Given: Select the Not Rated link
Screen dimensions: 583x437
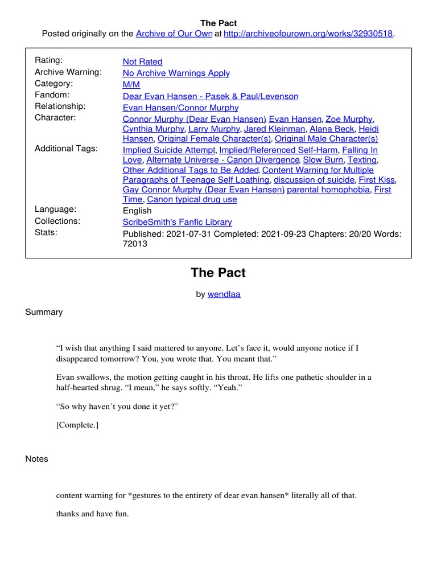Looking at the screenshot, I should click(x=142, y=61).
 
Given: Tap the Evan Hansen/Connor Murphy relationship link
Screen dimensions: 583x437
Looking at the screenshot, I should click(x=180, y=108).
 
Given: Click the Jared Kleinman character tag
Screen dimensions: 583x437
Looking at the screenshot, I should click(x=274, y=129).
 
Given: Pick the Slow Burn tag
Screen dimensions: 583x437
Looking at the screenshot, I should click(x=323, y=160).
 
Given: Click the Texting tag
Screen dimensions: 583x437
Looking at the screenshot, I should click(x=362, y=160).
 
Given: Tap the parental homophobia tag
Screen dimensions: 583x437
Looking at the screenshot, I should click(x=328, y=190).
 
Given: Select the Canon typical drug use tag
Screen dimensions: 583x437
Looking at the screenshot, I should click(x=192, y=200).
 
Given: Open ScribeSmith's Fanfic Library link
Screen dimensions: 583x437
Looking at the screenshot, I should click(x=177, y=223).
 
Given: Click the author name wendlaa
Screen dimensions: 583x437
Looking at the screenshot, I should click(x=224, y=294).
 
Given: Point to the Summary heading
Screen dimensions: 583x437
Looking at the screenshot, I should click(x=44, y=312).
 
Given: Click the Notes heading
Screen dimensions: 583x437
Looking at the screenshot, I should click(x=37, y=459).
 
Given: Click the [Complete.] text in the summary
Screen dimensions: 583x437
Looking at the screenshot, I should click(x=77, y=424).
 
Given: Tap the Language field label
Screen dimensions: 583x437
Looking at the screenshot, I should click(x=56, y=210).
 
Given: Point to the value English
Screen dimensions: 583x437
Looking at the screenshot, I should click(x=137, y=211).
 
